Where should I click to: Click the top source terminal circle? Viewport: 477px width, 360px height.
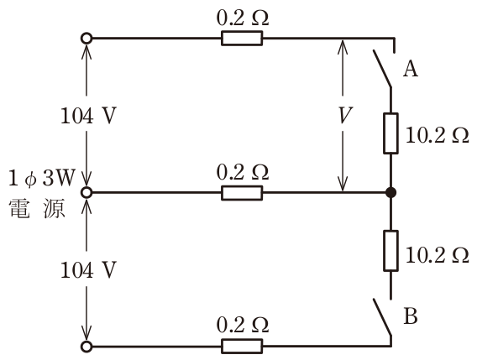[x=86, y=39]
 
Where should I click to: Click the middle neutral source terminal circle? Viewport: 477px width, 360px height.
[x=86, y=192]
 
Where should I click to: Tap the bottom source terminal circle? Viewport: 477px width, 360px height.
[x=86, y=347]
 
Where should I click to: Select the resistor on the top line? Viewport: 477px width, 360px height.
[x=242, y=39]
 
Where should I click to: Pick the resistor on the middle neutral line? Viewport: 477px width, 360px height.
[x=242, y=193]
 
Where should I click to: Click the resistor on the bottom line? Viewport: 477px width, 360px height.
[x=242, y=347]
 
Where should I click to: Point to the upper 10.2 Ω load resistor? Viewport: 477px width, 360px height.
[x=391, y=133]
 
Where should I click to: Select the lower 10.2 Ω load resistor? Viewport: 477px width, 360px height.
[x=391, y=251]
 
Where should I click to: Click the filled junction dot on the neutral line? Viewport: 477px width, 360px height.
[x=391, y=192]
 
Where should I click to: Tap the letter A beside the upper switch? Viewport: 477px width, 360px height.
[x=411, y=69]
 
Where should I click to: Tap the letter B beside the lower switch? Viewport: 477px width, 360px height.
[x=411, y=316]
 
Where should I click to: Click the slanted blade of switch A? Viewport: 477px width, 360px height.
[x=382, y=69]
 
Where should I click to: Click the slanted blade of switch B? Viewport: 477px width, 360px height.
[x=382, y=317]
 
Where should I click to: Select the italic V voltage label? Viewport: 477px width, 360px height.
[x=345, y=115]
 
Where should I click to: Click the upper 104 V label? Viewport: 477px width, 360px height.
[x=88, y=116]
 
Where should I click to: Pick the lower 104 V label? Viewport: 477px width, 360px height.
[x=88, y=270]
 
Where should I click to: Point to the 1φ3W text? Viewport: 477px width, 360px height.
[x=42, y=178]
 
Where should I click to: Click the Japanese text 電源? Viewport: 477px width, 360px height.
[x=37, y=209]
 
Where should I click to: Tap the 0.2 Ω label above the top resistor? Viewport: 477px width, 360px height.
[x=243, y=18]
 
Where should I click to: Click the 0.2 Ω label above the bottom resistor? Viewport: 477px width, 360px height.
[x=243, y=325]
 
